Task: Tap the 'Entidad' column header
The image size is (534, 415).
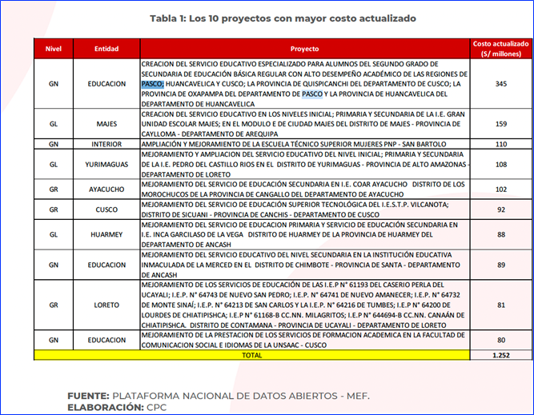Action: click(106, 48)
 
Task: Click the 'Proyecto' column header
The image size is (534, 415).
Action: click(303, 48)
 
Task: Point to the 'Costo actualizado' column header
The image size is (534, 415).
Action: click(501, 48)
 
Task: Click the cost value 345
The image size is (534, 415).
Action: click(501, 83)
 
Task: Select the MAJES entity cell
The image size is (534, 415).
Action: click(106, 124)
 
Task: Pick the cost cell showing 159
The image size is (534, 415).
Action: click(501, 124)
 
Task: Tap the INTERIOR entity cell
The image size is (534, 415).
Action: click(106, 144)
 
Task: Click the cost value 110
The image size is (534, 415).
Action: click(501, 144)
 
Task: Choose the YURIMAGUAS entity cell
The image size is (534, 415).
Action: click(106, 164)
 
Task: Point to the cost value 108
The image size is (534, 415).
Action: click(501, 164)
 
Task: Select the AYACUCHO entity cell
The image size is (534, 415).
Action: click(106, 190)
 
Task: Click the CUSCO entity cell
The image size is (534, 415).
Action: click(106, 209)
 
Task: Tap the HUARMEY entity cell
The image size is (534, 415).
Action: click(106, 234)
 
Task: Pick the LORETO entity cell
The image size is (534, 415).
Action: click(106, 305)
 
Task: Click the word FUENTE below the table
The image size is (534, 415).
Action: click(87, 394)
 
